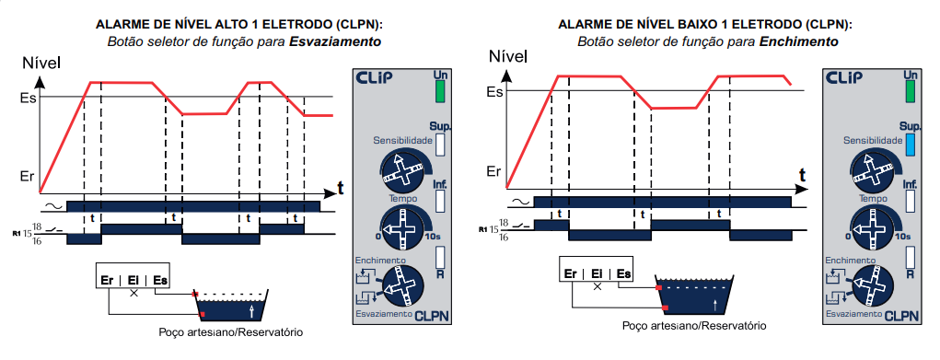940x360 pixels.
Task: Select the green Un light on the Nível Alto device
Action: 440,91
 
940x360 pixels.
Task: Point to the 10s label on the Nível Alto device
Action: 433,237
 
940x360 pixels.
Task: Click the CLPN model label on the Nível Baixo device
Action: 901,316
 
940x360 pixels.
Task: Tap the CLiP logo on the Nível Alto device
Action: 374,78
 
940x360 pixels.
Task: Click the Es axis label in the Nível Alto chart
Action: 29,98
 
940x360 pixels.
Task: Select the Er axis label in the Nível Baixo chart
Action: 493,172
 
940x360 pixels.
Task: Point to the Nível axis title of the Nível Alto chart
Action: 41,63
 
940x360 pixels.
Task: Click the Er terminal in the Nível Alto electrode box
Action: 108,281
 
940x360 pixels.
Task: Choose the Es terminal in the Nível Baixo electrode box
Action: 623,274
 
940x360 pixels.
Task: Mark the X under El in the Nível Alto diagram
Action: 133,293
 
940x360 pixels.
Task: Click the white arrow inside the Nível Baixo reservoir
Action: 714,304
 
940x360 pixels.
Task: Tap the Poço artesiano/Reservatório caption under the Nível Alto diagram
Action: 231,331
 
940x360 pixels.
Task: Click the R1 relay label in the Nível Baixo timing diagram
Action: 482,229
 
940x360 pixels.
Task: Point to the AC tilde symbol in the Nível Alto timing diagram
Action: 52,207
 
